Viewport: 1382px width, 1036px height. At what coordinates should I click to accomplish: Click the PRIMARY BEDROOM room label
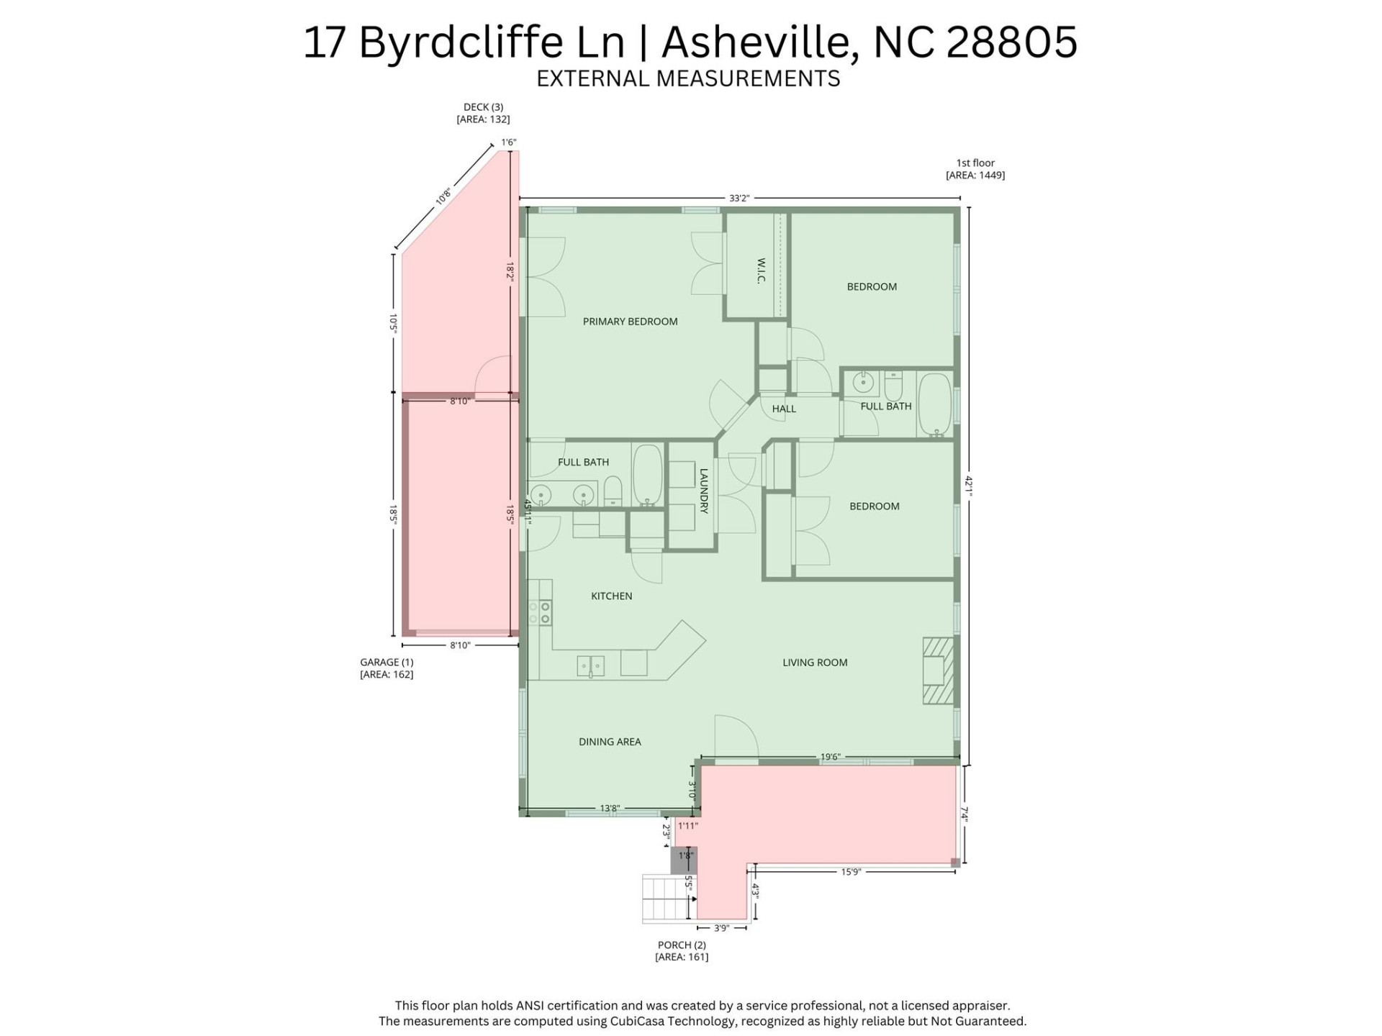pos(630,322)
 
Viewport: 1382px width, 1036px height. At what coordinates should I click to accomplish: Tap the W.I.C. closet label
pos(761,271)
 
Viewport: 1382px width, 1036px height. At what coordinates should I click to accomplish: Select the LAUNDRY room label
pos(704,491)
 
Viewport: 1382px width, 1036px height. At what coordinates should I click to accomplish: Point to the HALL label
pos(784,409)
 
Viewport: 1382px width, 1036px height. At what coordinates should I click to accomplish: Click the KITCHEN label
pos(611,596)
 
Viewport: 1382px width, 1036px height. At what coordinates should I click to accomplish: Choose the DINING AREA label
pos(610,742)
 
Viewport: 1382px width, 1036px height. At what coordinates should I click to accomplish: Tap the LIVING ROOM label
pos(815,663)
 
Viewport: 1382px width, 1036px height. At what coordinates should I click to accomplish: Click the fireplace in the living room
pos(938,671)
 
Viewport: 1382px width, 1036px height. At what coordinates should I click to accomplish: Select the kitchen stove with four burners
pos(540,612)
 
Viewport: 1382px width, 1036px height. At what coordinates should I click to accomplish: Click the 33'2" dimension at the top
pos(739,198)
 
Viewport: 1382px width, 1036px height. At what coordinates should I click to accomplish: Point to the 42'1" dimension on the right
pos(969,486)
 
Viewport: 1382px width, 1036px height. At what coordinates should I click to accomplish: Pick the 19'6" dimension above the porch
pos(830,757)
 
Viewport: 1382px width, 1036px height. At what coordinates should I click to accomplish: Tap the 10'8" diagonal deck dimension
pos(443,196)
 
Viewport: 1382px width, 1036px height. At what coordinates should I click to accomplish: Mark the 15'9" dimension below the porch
pos(851,872)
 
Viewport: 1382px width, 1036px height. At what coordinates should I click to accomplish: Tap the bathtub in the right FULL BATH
pos(934,404)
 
